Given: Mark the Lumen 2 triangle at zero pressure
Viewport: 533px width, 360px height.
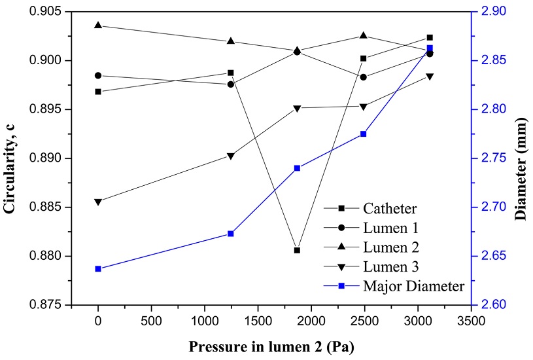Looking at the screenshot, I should (x=98, y=26).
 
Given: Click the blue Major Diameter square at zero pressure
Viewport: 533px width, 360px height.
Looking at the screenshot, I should (x=98, y=268).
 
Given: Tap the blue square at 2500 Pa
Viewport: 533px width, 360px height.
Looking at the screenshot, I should (x=364, y=134).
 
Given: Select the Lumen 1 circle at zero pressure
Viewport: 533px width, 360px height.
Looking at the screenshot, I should (x=98, y=75).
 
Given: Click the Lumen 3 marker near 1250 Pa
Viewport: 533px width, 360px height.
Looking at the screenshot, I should (x=231, y=156).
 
